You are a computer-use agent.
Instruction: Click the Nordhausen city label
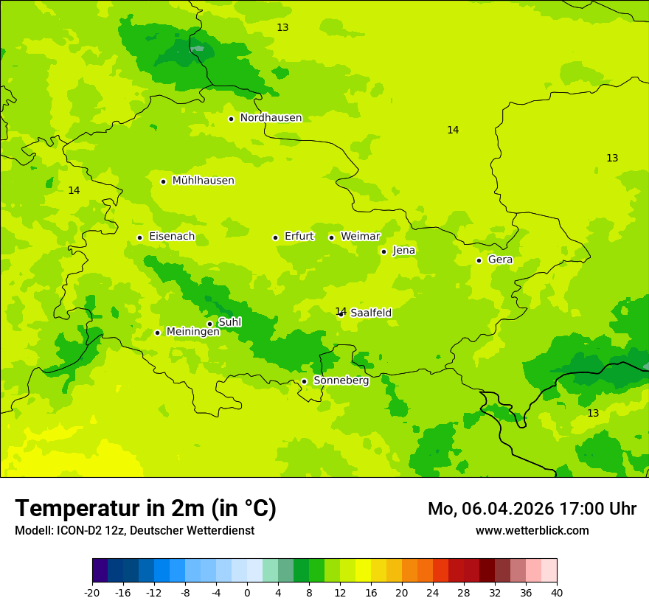coord(271,118)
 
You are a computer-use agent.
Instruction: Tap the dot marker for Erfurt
coord(275,237)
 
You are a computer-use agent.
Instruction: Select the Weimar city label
coord(360,237)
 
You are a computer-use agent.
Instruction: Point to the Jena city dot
coord(383,251)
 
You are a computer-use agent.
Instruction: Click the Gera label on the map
coord(500,260)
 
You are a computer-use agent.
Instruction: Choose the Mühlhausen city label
coord(203,181)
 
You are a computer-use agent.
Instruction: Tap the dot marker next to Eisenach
coord(139,237)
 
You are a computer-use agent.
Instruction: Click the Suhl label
coord(229,322)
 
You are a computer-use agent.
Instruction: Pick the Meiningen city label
coord(192,332)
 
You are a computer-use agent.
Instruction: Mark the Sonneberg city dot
coord(304,381)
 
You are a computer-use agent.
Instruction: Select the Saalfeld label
coord(370,313)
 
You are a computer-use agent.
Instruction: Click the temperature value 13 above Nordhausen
coord(282,27)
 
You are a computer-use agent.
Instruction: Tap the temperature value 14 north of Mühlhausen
coord(74,190)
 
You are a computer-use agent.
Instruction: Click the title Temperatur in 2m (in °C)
coord(145,508)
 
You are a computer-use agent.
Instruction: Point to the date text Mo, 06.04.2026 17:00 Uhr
coord(532,509)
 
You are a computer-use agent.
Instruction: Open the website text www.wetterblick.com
coord(532,530)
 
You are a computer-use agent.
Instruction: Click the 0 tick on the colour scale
coord(247,592)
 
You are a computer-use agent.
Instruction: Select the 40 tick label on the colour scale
coord(557,592)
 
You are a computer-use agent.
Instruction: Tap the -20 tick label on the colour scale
coord(91,592)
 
